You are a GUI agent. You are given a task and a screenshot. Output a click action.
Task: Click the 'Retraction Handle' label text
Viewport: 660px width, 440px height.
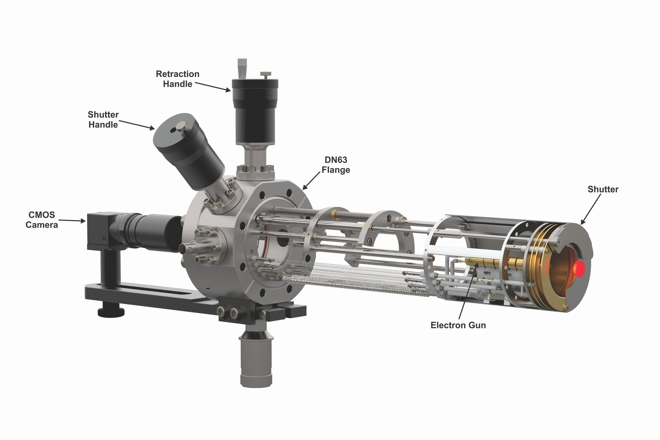177,79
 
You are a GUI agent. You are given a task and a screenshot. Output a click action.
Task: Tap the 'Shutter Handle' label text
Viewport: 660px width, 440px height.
103,119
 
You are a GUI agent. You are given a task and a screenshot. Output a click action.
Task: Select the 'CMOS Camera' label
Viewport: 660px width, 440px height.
42,220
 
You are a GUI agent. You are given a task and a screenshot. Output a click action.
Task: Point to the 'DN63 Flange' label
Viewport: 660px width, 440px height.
336,165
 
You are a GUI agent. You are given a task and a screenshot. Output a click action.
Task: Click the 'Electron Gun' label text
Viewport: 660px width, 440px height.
458,325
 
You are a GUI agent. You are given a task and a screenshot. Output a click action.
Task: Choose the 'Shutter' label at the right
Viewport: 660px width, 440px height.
603,189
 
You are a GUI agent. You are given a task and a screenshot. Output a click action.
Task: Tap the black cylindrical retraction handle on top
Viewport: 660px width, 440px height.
255,112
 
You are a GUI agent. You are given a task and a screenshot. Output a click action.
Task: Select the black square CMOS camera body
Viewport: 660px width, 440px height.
103,229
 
